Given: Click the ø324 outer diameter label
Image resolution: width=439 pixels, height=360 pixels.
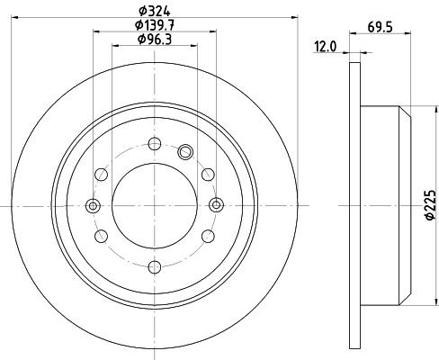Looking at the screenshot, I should pyautogui.click(x=155, y=11).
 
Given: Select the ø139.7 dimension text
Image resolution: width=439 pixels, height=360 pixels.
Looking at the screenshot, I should pyautogui.click(x=155, y=25).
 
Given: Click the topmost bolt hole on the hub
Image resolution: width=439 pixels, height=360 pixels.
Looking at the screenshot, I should pyautogui.click(x=154, y=143).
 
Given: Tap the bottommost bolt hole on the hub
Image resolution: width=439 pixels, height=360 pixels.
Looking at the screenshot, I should pyautogui.click(x=154, y=266).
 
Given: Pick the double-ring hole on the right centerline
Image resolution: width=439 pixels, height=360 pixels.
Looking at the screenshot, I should pyautogui.click(x=216, y=205).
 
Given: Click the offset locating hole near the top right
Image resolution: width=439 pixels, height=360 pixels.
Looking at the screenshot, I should pyautogui.click(x=186, y=151).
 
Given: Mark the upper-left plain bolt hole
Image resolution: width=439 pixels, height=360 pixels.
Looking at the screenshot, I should pyautogui.click(x=100, y=174).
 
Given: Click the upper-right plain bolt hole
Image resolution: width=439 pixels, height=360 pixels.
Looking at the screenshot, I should pyautogui.click(x=208, y=174).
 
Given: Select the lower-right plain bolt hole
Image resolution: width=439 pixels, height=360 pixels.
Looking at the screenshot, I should pyautogui.click(x=208, y=236).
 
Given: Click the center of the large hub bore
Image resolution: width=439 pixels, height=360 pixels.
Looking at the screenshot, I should pyautogui.click(x=154, y=205).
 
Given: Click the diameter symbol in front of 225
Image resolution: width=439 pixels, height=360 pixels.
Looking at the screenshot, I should pyautogui.click(x=429, y=219).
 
